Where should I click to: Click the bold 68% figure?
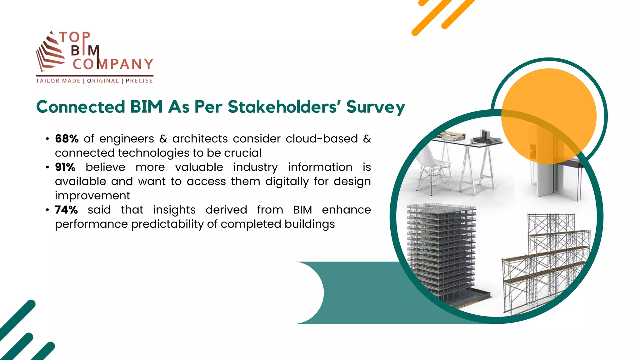click(67, 139)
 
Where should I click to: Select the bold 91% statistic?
click(65, 167)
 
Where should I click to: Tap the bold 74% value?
click(66, 210)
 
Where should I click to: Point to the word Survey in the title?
click(376, 107)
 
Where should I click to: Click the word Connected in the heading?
click(81, 107)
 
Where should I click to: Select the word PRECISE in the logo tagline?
click(139, 81)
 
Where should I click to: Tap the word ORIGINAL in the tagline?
click(103, 81)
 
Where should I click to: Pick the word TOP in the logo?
click(75, 37)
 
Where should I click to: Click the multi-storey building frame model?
click(444, 250)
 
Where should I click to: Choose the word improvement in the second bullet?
click(92, 196)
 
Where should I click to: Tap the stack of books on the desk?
click(486, 137)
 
